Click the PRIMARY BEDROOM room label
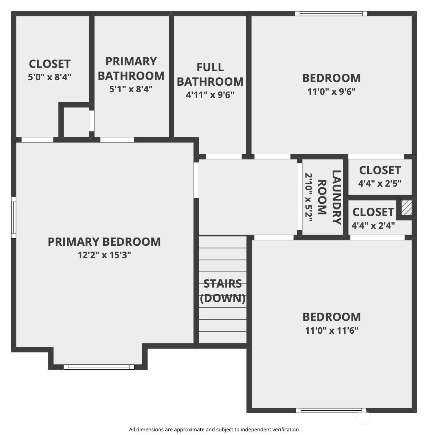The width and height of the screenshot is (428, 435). (104, 242)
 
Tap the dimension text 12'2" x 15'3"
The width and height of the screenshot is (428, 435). (104, 255)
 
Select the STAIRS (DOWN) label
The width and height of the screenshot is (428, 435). (223, 291)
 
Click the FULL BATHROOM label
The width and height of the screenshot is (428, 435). (210, 74)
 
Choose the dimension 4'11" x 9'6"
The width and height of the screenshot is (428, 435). (210, 95)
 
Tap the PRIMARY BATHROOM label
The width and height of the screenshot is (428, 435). (131, 69)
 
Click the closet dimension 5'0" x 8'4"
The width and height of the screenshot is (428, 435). (49, 77)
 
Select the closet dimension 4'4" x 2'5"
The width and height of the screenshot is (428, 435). (380, 183)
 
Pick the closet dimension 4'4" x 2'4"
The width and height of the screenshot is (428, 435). (373, 225)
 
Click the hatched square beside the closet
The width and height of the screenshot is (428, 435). (407, 208)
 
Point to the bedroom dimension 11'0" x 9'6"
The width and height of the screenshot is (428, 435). (331, 91)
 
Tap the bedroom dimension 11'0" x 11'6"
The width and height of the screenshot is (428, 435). (332, 330)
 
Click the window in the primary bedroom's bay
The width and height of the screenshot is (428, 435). (99, 367)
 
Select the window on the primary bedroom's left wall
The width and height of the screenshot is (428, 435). (13, 217)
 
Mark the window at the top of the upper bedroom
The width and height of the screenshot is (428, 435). (331, 13)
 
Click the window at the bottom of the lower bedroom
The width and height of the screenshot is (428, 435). (331, 410)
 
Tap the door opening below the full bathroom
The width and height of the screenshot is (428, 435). (224, 157)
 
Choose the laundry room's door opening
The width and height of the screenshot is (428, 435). (299, 197)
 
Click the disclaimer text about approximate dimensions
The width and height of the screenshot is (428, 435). (214, 430)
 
